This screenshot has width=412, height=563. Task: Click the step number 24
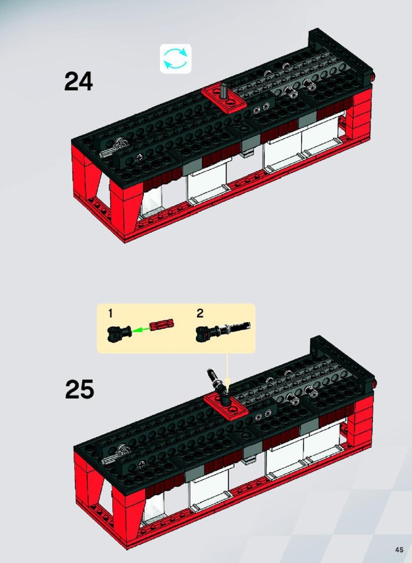pyautogui.click(x=78, y=81)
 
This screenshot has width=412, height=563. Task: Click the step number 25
pyautogui.click(x=79, y=389)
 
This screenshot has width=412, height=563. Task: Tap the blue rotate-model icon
pyautogui.click(x=175, y=59)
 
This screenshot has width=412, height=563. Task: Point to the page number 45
pyautogui.click(x=399, y=550)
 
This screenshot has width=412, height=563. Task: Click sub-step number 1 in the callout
pyautogui.click(x=111, y=313)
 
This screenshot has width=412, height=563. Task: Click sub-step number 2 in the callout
pyautogui.click(x=200, y=313)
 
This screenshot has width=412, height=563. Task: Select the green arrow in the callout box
pyautogui.click(x=140, y=329)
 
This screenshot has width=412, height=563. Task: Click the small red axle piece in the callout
pyautogui.click(x=161, y=324)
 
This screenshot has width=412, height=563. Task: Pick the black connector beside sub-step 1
pyautogui.click(x=119, y=332)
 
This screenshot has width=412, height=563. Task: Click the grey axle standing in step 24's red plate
pyautogui.click(x=224, y=90)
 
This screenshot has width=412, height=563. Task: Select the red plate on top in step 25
pyautogui.click(x=226, y=405)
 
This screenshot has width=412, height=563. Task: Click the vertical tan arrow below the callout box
pyautogui.click(x=227, y=371)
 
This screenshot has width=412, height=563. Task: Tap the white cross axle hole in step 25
pyautogui.click(x=142, y=464)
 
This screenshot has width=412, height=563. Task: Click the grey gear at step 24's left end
pyautogui.click(x=120, y=145)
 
